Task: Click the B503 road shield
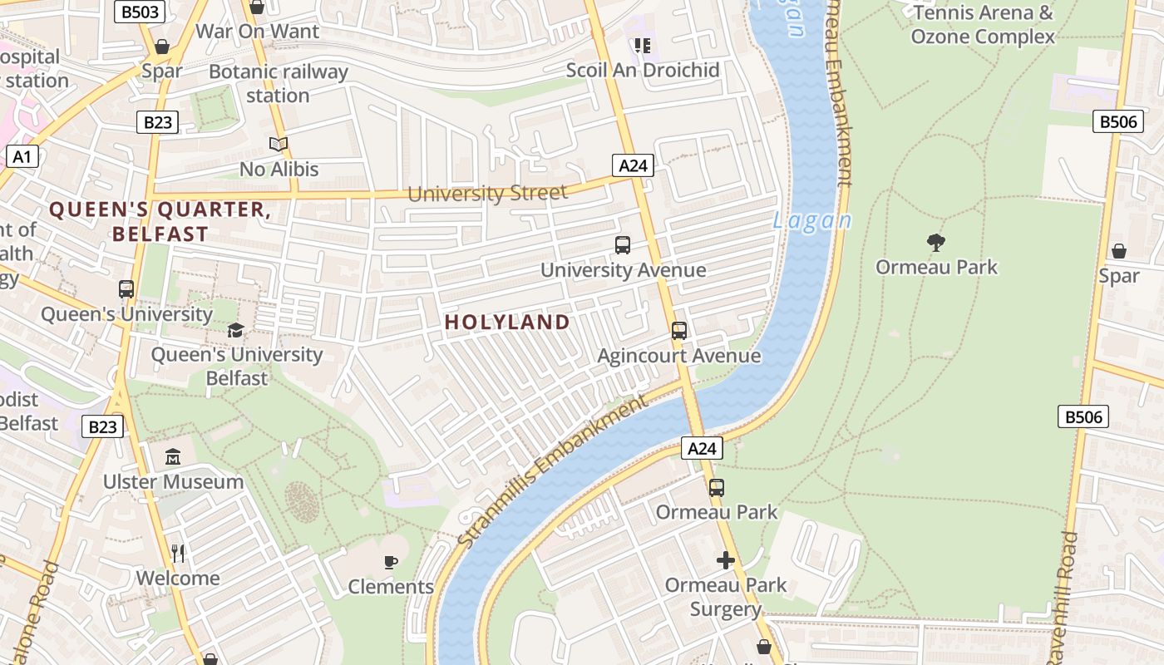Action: tap(139, 12)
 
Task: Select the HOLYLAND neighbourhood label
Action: tap(507, 323)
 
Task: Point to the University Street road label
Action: tap(488, 194)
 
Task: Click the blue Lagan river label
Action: tap(812, 221)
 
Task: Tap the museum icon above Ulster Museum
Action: tap(173, 457)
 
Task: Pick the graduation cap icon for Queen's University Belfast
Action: tap(236, 330)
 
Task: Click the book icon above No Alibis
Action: tap(279, 145)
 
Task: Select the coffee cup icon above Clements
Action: tap(390, 562)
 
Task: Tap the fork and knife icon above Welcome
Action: tap(178, 553)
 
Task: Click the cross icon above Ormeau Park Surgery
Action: tap(726, 560)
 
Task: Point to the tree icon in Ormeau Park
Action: tap(936, 243)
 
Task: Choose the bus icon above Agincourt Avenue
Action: tap(679, 331)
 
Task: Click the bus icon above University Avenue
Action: tap(623, 245)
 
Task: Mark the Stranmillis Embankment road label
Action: tap(552, 471)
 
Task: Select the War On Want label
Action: tap(257, 32)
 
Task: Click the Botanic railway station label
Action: tap(278, 83)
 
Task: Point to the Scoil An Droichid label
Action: tap(643, 70)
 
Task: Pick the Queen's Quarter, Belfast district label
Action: tap(160, 221)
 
